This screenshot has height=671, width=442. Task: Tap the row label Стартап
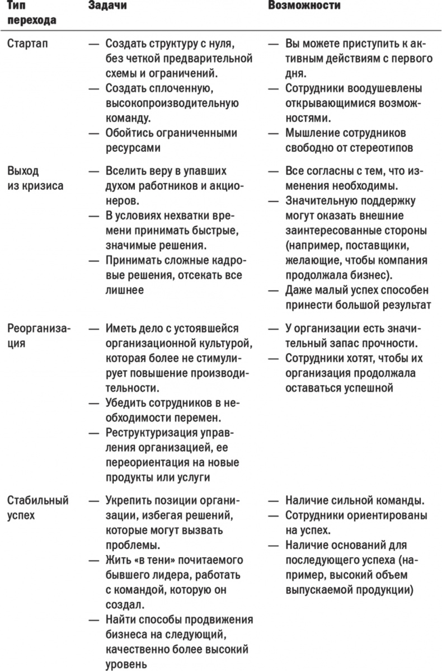coord(27,44)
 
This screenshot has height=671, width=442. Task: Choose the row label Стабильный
coord(38,500)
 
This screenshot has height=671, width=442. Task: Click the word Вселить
coord(125,170)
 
